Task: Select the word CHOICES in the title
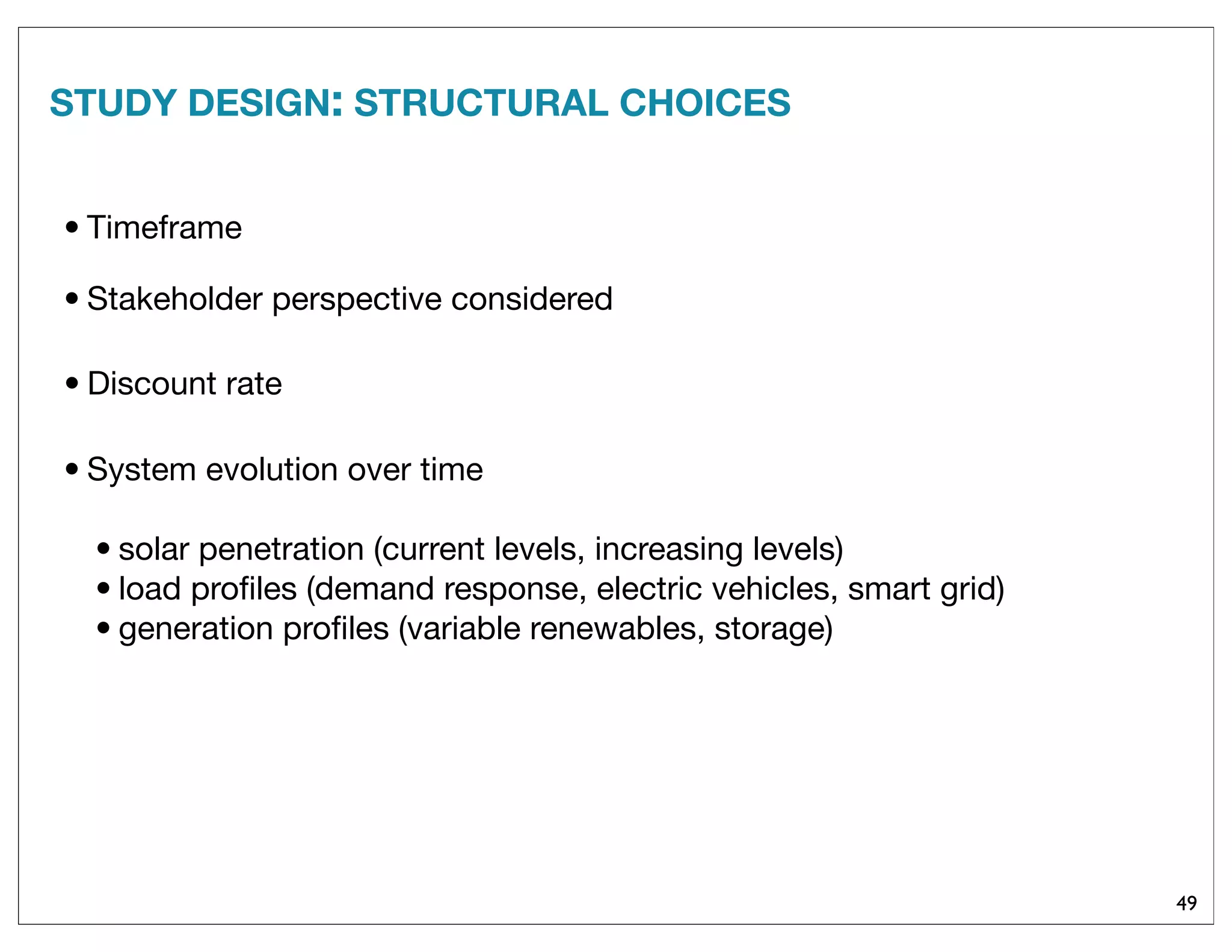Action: tap(704, 103)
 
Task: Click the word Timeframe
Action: tap(164, 228)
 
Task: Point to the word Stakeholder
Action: tap(175, 299)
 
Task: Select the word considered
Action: tap(532, 299)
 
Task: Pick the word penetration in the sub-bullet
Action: tap(281, 550)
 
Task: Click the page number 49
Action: tap(1186, 903)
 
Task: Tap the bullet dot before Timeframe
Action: tap(72, 228)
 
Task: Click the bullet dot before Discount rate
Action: tap(72, 383)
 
